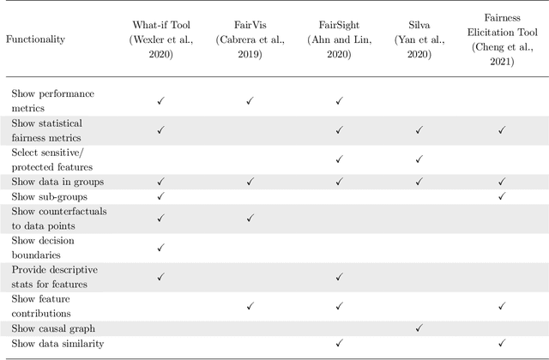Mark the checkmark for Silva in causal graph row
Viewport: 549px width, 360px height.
coord(419,327)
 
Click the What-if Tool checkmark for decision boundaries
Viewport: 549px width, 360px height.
coord(160,248)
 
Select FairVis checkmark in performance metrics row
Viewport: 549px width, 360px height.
coord(249,101)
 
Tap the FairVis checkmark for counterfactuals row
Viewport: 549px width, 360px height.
coord(249,218)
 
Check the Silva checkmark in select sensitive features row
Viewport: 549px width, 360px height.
coord(419,159)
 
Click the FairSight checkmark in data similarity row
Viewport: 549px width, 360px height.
coord(339,343)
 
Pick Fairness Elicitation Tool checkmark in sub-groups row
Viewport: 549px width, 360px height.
coord(502,196)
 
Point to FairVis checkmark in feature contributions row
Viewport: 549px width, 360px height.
coord(249,305)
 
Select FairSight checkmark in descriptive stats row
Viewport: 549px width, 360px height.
coord(339,276)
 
